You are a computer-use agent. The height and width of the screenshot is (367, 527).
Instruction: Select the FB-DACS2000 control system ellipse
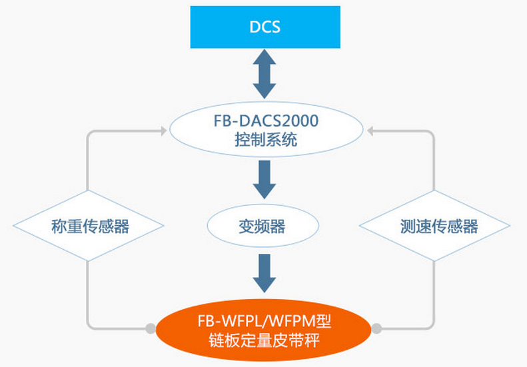[264, 131]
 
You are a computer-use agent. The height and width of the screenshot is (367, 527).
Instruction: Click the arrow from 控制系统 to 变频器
[264, 180]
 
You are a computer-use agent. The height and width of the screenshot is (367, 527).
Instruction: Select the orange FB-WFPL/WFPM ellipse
[264, 330]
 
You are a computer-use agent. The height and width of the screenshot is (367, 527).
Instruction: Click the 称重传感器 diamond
[89, 226]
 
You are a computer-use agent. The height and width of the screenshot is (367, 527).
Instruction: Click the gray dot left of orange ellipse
[151, 328]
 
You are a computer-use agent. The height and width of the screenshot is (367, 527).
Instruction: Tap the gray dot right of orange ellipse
[377, 328]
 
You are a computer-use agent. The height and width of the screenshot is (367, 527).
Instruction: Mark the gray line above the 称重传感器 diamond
[89, 167]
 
